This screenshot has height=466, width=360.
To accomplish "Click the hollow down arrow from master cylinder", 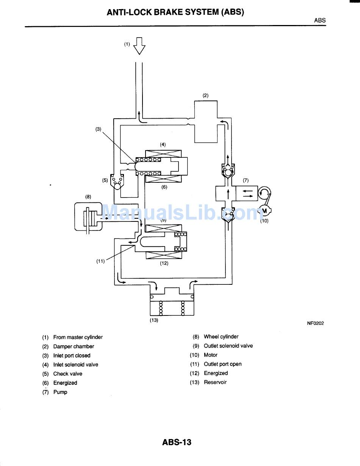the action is [x=139, y=46].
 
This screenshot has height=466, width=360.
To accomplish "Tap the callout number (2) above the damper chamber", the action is [x=205, y=96].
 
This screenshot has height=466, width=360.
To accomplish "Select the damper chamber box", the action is [x=206, y=122].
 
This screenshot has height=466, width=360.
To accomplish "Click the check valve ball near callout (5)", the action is [x=117, y=186].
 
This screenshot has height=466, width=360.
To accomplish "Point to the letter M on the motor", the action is [x=265, y=211].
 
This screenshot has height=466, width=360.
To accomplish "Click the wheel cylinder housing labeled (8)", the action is [x=88, y=217].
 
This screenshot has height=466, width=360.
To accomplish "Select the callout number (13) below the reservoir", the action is [x=154, y=320].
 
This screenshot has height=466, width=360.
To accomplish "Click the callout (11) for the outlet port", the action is [x=100, y=261].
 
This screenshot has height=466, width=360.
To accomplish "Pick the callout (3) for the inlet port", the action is [x=99, y=129].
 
